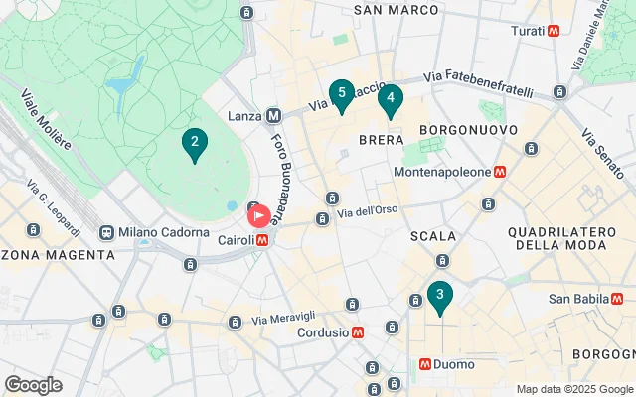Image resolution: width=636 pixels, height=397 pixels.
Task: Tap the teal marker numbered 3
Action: coord(439,296)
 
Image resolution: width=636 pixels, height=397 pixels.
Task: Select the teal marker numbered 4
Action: coord(391,99)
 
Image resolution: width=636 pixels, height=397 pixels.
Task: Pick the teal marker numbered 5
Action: coord(342,95)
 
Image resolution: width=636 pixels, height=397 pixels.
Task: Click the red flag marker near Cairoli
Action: coord(259,215)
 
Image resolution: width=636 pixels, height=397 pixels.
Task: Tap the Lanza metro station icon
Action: coord(274,116)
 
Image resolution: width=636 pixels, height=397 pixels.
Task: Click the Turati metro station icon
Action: coord(554,31)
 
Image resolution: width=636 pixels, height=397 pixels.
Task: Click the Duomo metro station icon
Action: coord(425,364)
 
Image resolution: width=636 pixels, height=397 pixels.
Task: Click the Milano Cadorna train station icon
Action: coord(106,232)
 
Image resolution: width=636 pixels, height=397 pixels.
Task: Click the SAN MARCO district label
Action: coord(397,10)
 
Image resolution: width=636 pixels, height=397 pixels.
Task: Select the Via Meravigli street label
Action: coord(285,319)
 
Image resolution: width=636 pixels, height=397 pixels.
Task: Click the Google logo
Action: coord(34,385)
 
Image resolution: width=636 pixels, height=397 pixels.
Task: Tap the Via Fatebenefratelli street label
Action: coord(484,76)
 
